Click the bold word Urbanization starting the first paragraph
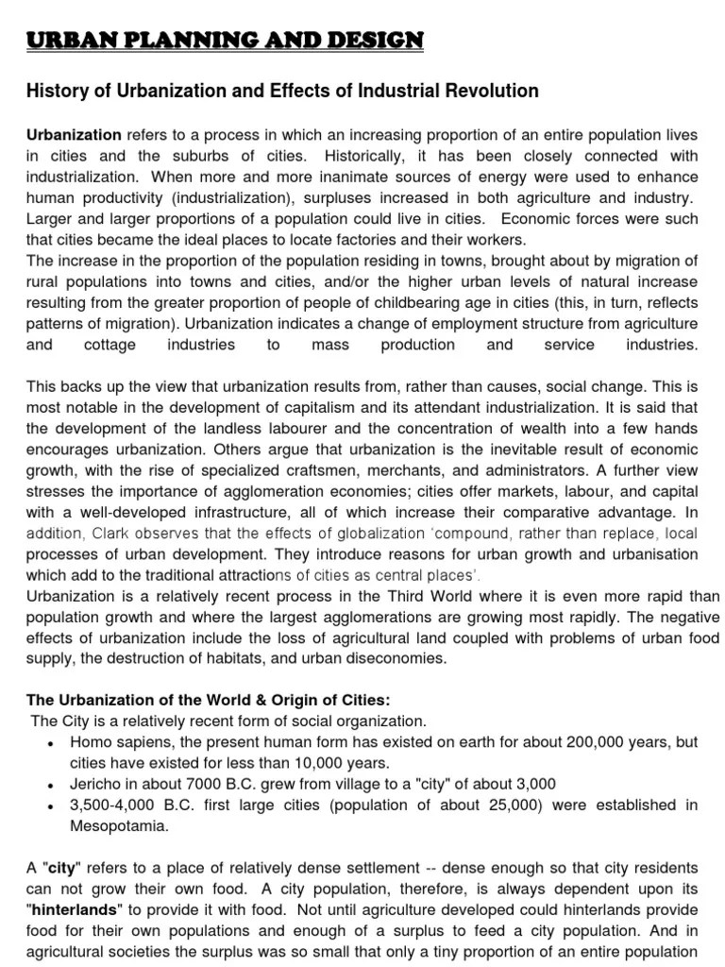coord(74,135)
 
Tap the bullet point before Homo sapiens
coord(49,743)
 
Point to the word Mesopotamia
coord(121,825)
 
